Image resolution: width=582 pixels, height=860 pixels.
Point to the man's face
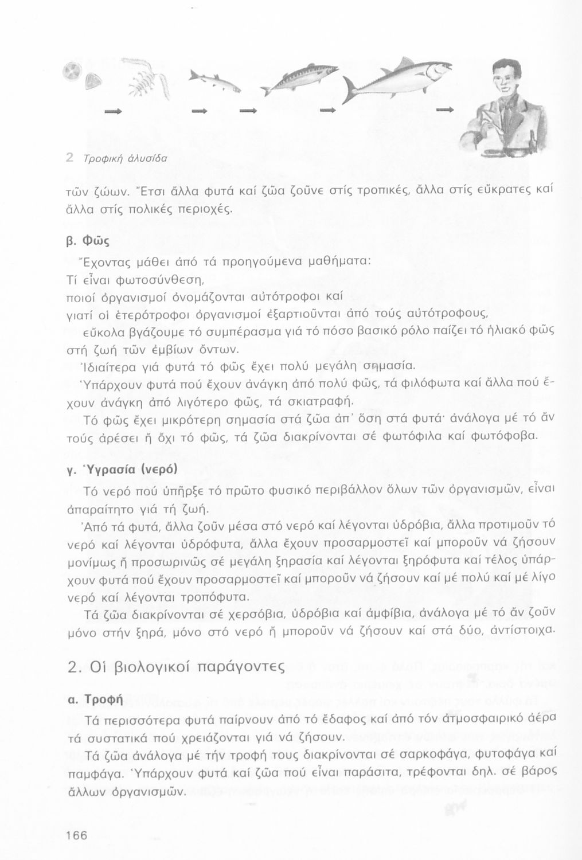[504, 80]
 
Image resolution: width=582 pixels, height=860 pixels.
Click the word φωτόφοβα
[509, 436]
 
